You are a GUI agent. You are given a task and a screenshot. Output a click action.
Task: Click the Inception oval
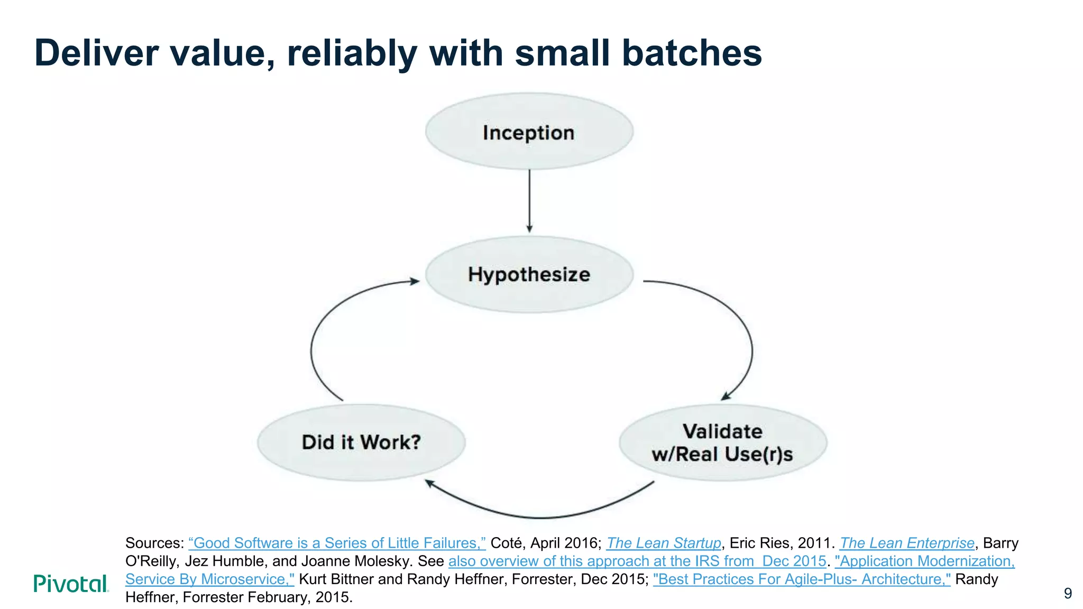[x=529, y=132]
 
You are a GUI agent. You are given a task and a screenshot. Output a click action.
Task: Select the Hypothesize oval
[x=529, y=274]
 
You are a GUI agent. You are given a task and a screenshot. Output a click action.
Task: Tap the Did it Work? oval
[x=361, y=442]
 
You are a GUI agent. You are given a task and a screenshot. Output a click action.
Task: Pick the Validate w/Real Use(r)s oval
[x=722, y=443]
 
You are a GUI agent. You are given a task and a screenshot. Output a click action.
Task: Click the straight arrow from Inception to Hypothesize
[x=529, y=201]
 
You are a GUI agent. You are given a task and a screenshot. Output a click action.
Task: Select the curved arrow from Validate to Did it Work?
[x=539, y=516]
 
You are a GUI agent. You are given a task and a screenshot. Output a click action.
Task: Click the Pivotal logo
[x=71, y=584]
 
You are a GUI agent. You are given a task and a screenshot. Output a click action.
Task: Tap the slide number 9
[x=1068, y=593]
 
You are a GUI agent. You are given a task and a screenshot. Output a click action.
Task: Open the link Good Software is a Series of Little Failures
[x=337, y=543]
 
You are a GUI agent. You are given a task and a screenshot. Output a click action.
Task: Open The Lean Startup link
[x=663, y=543]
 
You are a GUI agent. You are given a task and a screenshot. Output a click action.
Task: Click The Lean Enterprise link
[x=906, y=543]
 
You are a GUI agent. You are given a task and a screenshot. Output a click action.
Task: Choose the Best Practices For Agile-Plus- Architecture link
[x=801, y=579]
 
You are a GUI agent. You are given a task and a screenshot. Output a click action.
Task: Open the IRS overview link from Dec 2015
[x=637, y=561]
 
